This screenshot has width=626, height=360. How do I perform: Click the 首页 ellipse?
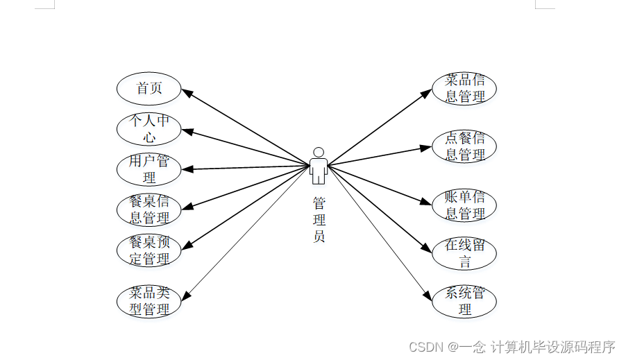149,89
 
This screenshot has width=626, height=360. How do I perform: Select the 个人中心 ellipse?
149,129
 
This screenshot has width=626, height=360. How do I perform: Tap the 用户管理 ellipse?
149,169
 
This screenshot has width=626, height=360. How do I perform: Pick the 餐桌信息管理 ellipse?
149,209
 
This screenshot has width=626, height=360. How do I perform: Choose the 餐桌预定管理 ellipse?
149,250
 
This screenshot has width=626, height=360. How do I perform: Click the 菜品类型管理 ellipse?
149,301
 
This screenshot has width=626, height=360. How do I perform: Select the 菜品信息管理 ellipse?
464,89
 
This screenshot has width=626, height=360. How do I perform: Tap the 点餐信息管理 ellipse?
464,146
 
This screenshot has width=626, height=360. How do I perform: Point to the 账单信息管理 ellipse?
464,205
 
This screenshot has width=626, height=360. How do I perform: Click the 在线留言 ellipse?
464,253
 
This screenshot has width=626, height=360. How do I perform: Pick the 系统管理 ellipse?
464,301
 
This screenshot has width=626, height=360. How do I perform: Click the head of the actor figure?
319,152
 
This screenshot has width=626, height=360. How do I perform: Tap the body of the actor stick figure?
319,170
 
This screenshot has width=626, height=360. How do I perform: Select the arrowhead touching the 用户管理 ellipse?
187,169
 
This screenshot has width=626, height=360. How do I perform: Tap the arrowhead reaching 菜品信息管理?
428,92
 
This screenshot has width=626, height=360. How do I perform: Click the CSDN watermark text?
512,346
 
